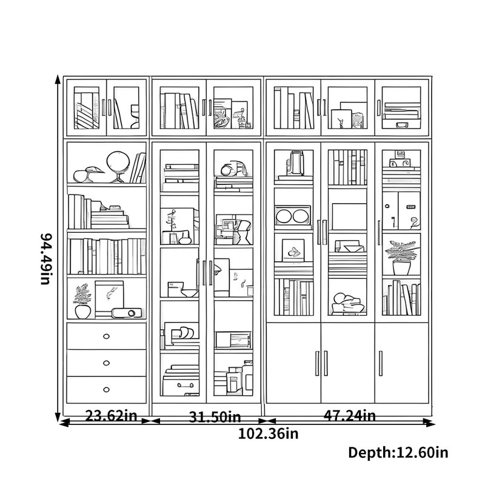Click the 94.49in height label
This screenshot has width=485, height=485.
tap(47, 259)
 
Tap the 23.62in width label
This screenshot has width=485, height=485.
tap(111, 415)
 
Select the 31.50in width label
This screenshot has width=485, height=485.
tap(215, 416)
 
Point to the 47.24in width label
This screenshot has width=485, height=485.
tap(350, 415)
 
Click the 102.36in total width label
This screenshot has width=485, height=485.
tap(268, 433)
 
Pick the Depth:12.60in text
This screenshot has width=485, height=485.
tap(398, 452)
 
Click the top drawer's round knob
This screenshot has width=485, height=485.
tap(107, 336)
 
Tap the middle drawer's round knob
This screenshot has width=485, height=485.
tap(107, 363)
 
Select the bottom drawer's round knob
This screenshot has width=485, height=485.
tap(107, 389)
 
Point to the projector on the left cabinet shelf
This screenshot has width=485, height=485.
tap(127, 313)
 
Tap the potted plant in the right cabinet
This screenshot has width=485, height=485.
tap(401, 257)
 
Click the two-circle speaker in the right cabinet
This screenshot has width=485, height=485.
tap(293, 216)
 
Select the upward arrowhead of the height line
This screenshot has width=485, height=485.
tap(58, 79)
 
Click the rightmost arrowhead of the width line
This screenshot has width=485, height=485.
tap(430, 423)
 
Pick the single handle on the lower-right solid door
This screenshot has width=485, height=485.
tap(381, 363)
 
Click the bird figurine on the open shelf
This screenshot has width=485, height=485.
tap(88, 175)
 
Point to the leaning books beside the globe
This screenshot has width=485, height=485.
tap(138, 168)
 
